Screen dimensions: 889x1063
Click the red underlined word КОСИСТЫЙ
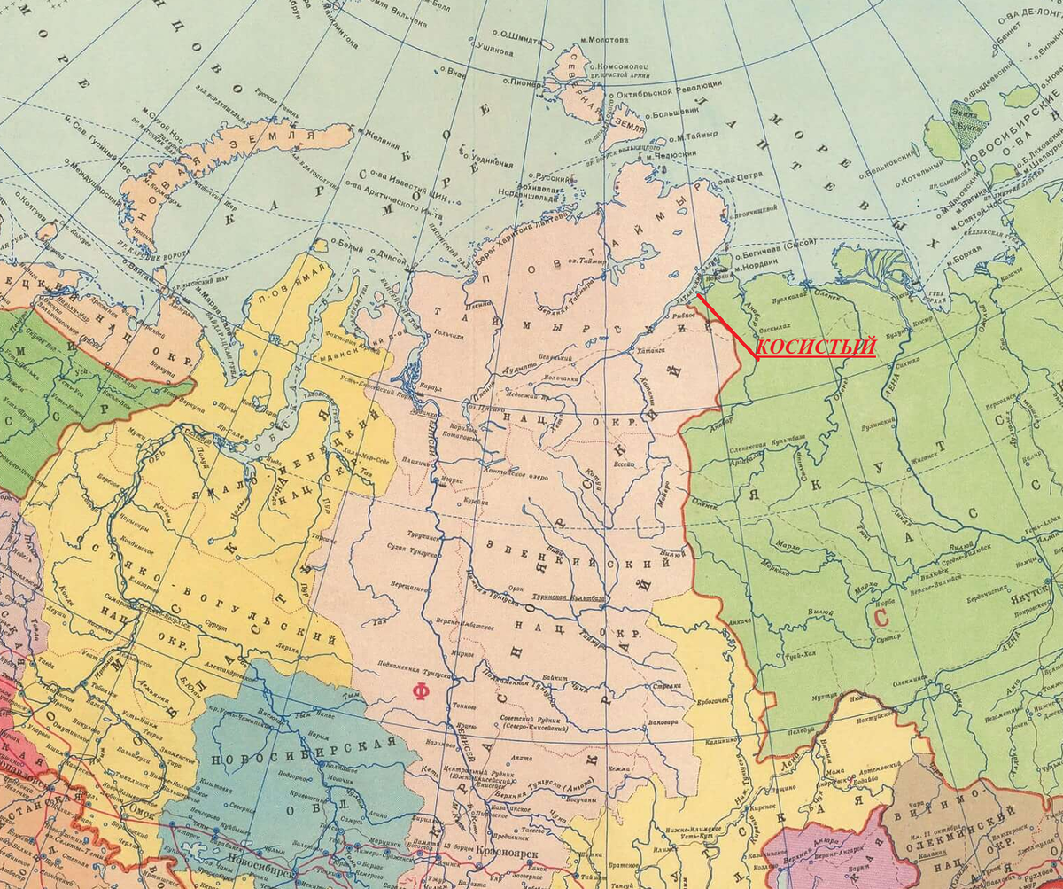816,347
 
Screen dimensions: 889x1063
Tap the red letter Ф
421,691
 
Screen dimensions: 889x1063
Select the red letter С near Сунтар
881,616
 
